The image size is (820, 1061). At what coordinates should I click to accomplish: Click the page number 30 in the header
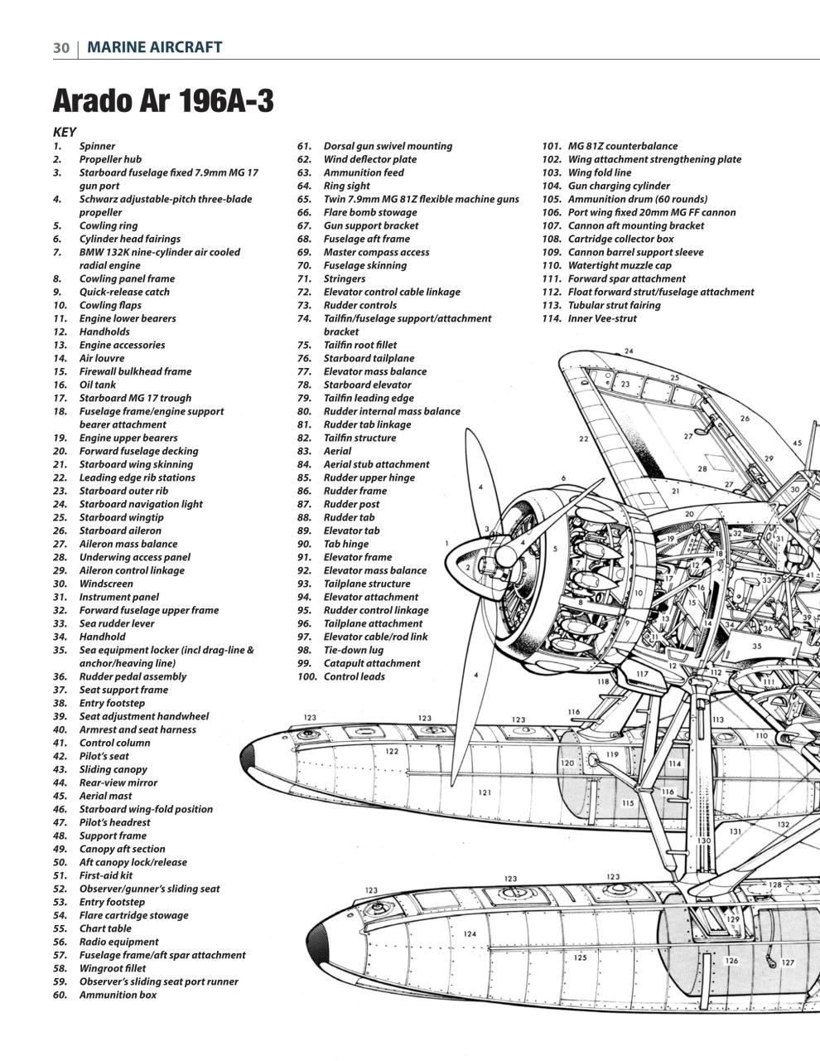coord(60,47)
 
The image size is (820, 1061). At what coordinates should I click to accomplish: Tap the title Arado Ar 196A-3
coord(163,101)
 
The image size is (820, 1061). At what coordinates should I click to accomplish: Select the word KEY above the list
coord(65,132)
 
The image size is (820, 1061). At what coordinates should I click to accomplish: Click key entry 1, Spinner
coord(97,146)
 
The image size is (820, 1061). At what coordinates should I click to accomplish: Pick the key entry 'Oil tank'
coord(98,385)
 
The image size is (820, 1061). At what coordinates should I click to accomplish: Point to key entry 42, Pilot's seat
coord(104,756)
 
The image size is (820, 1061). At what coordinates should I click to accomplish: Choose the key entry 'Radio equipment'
coord(118,942)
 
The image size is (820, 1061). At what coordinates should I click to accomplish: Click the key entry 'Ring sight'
coord(346,186)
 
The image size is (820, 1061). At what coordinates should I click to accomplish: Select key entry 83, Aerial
coord(337,451)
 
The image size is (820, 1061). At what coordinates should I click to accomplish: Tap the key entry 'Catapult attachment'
coord(371,663)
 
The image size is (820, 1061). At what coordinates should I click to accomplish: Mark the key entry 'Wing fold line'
coord(599,172)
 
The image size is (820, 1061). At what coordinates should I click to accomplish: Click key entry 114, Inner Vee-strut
coord(602,318)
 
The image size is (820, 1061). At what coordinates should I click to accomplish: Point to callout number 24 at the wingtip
coord(629,351)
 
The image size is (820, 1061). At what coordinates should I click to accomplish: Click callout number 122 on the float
coord(392,752)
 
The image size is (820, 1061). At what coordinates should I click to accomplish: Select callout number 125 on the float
coord(580,957)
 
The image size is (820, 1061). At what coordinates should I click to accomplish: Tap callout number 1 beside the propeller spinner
coord(446,544)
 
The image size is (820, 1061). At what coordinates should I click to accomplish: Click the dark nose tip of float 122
coord(247,757)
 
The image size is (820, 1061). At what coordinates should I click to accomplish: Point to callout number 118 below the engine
coord(603,681)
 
